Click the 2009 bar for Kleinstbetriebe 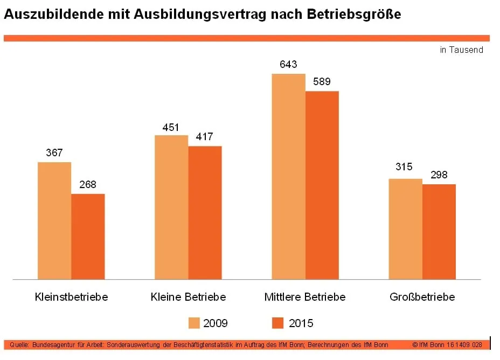tap(54, 220)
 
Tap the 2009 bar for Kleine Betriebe tap(171, 207)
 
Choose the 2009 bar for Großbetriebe tap(405, 229)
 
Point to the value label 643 tap(288, 65)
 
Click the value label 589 tap(322, 82)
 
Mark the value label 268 tap(87, 185)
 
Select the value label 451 tap(171, 127)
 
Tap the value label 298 tap(439, 175)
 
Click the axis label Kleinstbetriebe tap(71, 297)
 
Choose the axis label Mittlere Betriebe tap(305, 297)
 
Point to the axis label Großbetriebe tap(422, 297)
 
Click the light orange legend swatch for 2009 tap(195, 323)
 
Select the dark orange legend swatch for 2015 tap(277, 323)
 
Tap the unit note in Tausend tap(461, 50)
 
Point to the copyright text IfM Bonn tap(430, 344)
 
